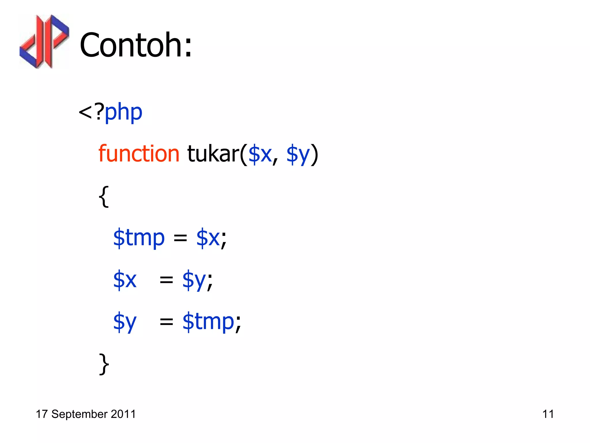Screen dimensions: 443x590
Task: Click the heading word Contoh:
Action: coord(135,45)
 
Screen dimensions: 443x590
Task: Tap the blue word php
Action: coord(123,112)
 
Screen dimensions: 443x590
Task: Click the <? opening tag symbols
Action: coord(91,112)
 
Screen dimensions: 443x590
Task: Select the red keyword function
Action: coord(139,154)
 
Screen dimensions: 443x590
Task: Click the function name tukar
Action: coord(213,154)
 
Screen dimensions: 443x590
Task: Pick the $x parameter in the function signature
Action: coord(260,154)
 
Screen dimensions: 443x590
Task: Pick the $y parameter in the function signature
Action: coord(298,155)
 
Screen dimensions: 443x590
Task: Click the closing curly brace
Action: coord(104,364)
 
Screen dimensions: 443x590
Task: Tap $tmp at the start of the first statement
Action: coord(139,238)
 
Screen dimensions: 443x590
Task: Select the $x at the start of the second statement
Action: coord(125,279)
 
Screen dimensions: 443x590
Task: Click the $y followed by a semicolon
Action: coord(194,280)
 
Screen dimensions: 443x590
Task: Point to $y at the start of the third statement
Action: coord(125,322)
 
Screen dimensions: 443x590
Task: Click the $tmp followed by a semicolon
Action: coord(208,322)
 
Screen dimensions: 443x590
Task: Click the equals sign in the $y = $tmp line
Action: coord(167,322)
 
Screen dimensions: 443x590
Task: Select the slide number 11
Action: coord(548,414)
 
